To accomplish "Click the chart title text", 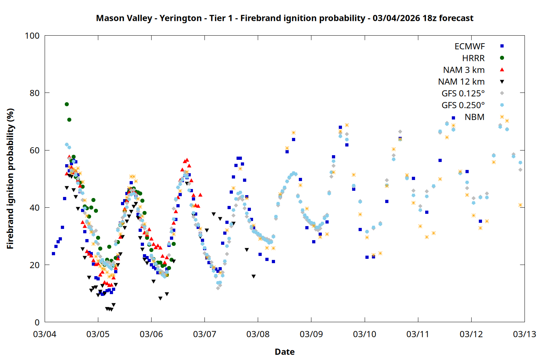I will click(284, 18).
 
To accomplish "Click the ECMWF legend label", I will click(469, 46).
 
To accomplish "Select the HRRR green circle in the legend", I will click(502, 58).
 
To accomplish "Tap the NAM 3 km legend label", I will click(464, 70).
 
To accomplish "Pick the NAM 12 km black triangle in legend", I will click(502, 82).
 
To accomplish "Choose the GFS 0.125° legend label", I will click(463, 94).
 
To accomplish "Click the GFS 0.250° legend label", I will click(463, 105).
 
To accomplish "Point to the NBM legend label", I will click(474, 117).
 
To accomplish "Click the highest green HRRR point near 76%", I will click(67, 104).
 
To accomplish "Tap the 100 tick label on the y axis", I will click(32, 36).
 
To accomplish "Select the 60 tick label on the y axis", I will click(35, 150).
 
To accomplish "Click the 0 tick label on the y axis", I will click(37, 322).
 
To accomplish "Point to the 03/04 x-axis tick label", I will click(45, 334).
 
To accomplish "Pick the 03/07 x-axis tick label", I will click(204, 334).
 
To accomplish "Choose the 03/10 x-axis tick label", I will click(364, 334).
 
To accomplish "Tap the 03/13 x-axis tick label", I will click(524, 334).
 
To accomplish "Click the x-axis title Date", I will click(284, 352).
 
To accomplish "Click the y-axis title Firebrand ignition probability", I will click(10, 179).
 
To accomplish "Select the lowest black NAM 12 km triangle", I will click(111, 310).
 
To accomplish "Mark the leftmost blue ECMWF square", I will click(54, 253).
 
